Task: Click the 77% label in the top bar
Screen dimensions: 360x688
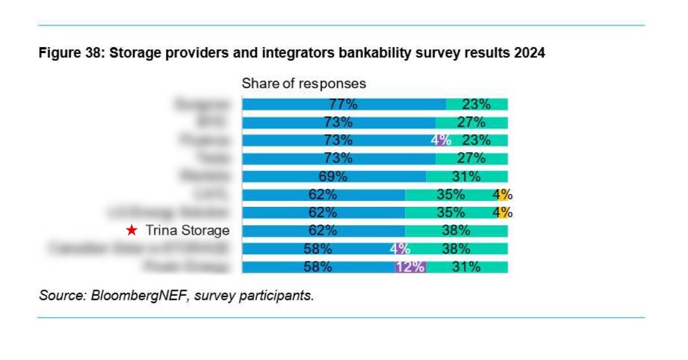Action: (x=343, y=104)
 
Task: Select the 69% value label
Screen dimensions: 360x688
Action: (x=333, y=176)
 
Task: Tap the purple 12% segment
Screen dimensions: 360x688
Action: (x=410, y=267)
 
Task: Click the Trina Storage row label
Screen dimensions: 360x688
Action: (x=187, y=231)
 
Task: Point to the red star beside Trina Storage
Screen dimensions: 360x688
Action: (x=131, y=231)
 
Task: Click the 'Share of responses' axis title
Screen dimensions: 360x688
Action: (x=303, y=84)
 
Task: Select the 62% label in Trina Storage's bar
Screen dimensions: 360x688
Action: (x=323, y=231)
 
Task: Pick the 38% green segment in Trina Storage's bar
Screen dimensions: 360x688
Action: (x=456, y=231)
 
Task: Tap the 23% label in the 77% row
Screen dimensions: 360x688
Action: (x=476, y=104)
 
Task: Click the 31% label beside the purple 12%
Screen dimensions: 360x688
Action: (x=466, y=267)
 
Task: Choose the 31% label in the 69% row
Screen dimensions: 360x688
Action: (x=466, y=176)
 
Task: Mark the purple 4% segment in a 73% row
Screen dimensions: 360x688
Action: (x=440, y=140)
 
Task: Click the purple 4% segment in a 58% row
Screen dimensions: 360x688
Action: (x=400, y=249)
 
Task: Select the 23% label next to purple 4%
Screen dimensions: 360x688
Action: (x=476, y=140)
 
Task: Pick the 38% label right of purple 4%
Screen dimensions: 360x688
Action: (x=456, y=249)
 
